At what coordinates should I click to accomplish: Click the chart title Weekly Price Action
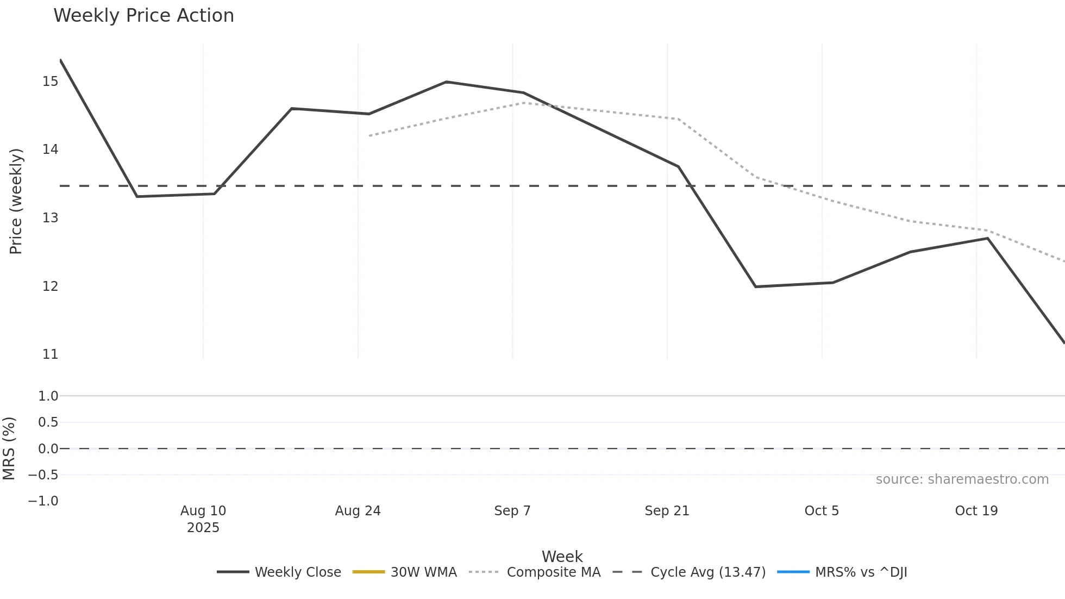[143, 16]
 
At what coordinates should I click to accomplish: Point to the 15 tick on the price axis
[51, 82]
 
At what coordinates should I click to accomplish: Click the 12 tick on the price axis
[51, 286]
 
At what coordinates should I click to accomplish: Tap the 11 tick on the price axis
[51, 354]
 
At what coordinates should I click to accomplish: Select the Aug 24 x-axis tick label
[358, 511]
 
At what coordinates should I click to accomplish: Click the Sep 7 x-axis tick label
[512, 511]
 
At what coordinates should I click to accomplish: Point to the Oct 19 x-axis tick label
[976, 511]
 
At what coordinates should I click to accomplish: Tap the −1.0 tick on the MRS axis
[43, 501]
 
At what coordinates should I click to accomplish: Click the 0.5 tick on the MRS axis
[48, 422]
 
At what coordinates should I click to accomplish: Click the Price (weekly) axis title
[16, 201]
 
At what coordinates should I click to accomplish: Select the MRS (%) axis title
[9, 448]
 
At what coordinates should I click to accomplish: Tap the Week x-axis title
[562, 557]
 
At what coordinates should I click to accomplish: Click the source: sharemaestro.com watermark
[962, 479]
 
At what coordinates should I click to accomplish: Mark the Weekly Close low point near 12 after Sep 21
[755, 286]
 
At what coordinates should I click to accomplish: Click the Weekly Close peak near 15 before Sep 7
[446, 82]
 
